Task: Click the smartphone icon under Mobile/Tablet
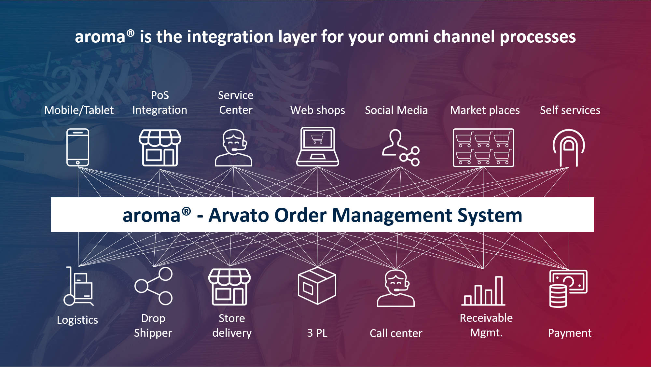click(78, 147)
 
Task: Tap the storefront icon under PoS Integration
click(160, 148)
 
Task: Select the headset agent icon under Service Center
click(233, 148)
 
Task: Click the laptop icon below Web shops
click(317, 147)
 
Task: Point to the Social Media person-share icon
click(401, 148)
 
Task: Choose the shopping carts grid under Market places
click(483, 148)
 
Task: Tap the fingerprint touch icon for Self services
click(569, 148)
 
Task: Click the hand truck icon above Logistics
click(78, 287)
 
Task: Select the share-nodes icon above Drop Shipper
click(154, 286)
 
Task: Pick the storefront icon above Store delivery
click(229, 287)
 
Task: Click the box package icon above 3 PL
click(317, 286)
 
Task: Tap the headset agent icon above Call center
click(396, 288)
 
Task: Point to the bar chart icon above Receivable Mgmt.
click(483, 291)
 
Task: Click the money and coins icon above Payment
click(568, 289)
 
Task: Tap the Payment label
click(570, 333)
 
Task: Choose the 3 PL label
click(317, 333)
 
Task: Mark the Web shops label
click(317, 110)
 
